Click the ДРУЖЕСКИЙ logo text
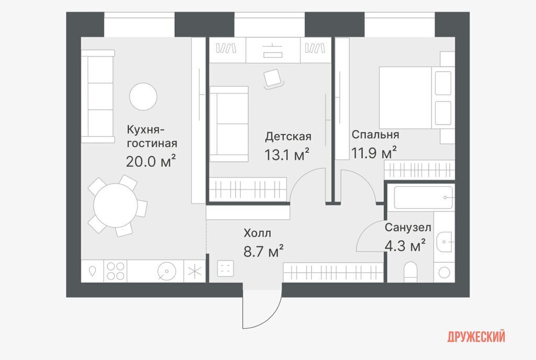476,337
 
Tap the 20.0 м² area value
151,161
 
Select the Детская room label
288,137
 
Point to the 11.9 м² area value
374,153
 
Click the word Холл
258,233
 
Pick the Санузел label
408,228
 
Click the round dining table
116,205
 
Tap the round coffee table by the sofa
143,97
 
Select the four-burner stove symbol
115,271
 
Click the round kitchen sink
167,272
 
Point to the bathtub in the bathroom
423,197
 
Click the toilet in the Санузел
410,272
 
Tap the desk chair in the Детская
273,79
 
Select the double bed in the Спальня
415,98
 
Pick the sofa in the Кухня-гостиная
98,96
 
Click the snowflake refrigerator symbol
195,272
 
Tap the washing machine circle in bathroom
444,273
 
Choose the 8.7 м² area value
263,251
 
